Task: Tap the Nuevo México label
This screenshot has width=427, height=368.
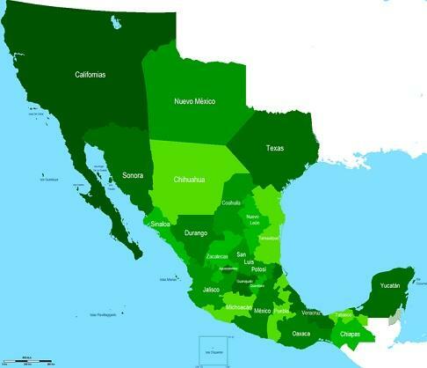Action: (195, 101)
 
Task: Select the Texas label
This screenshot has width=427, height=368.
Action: (275, 148)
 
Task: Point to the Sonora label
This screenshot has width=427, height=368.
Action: (133, 174)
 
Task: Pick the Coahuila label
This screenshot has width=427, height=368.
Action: (231, 202)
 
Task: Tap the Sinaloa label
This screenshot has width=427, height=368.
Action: (161, 224)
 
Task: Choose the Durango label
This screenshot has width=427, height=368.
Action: (196, 232)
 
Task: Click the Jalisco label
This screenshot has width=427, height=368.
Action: (211, 289)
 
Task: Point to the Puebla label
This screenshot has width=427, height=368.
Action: (280, 311)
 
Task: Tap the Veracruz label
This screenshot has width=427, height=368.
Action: (310, 313)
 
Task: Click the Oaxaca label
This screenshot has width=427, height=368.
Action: (301, 334)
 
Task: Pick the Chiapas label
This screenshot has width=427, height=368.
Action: (350, 335)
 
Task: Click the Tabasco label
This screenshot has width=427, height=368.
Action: (343, 314)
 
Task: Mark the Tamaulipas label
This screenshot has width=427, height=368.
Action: (268, 238)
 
